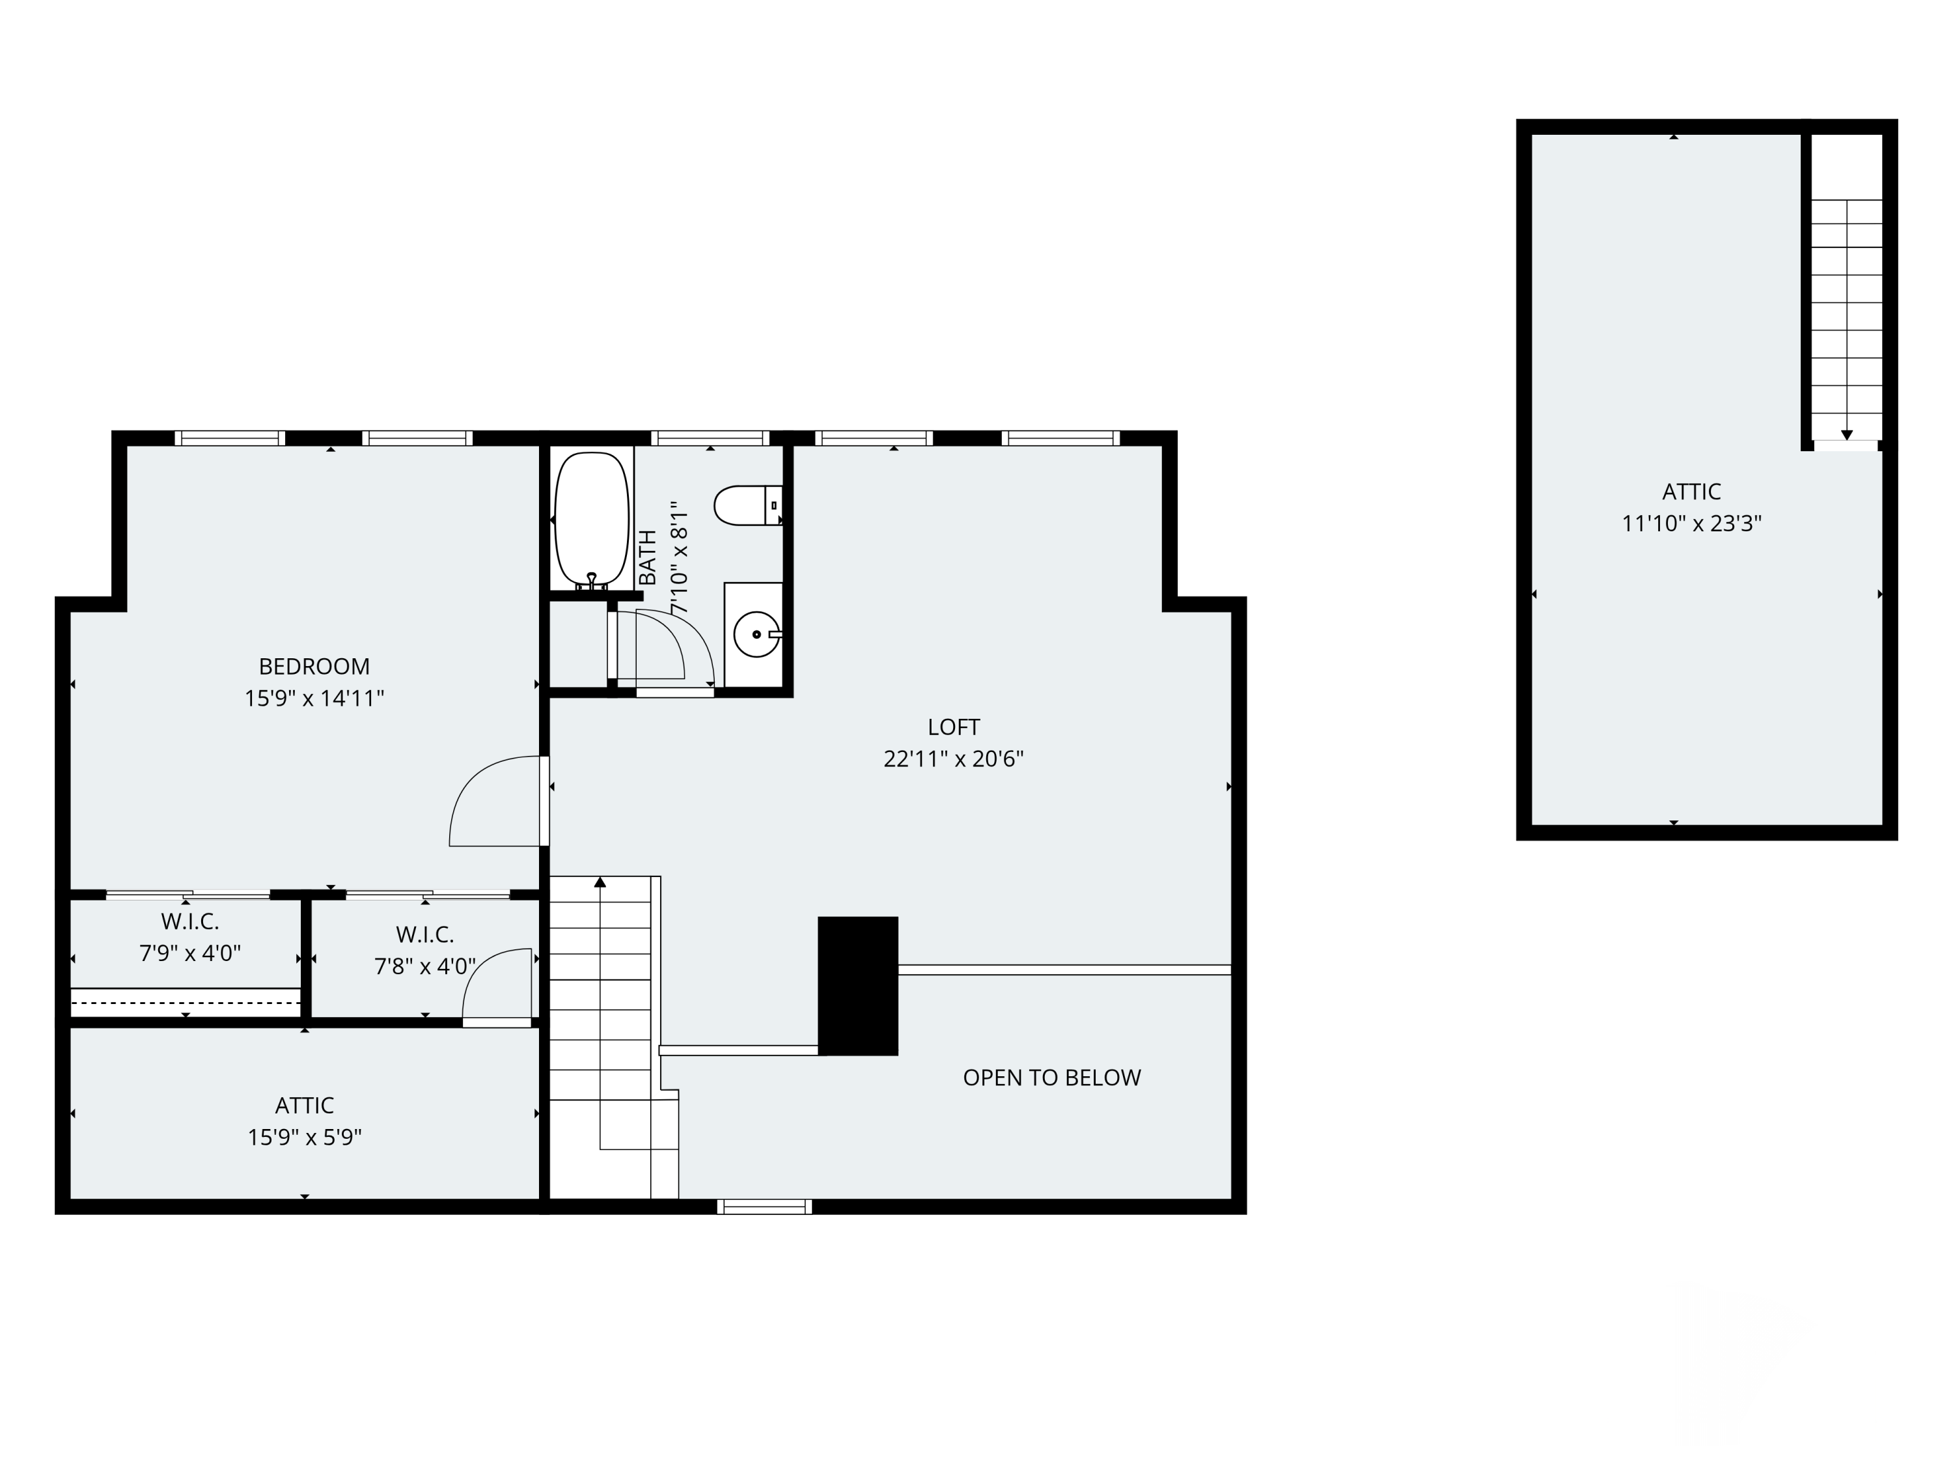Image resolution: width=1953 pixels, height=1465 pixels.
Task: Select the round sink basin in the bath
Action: tap(756, 634)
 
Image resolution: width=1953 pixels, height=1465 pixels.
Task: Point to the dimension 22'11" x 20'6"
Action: tap(954, 759)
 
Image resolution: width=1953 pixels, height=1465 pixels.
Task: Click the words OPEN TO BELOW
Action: tap(1051, 1078)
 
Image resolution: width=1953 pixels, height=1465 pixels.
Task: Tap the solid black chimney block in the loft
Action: tap(857, 986)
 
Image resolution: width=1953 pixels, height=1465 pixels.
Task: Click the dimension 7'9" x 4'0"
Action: tap(190, 953)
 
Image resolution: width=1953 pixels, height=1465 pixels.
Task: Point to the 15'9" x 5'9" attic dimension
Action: tap(305, 1136)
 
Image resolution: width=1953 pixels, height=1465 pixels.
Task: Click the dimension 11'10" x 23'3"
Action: tap(1691, 523)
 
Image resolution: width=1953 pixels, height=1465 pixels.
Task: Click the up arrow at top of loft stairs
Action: tap(600, 882)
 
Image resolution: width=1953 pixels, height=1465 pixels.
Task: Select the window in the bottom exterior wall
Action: tap(765, 1207)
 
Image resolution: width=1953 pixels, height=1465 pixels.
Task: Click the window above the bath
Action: tap(710, 438)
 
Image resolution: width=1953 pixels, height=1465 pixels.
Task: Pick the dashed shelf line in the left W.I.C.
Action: tap(186, 1002)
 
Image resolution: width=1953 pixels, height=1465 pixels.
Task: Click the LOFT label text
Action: tap(954, 727)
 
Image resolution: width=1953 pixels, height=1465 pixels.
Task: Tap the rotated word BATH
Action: tap(647, 557)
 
